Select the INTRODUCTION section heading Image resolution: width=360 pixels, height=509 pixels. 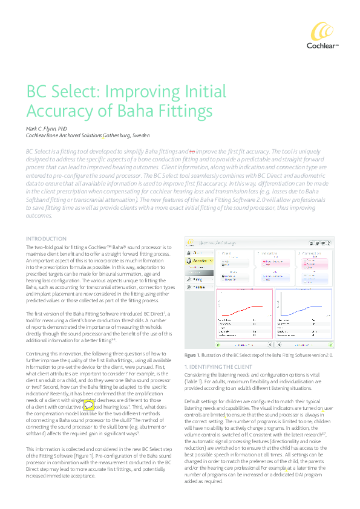point(46,239)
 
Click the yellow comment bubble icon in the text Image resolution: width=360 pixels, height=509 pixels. point(88,405)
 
